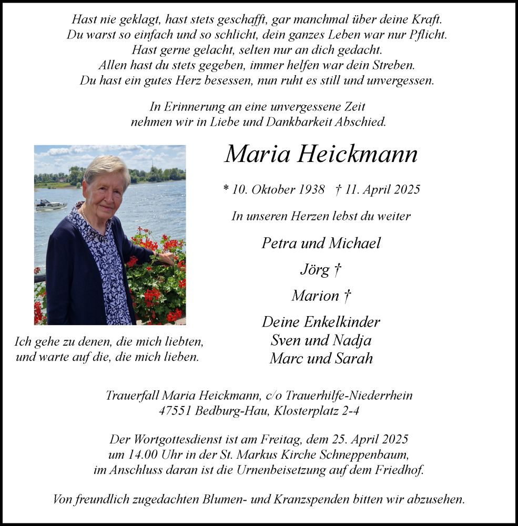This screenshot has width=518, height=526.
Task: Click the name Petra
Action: [280, 243]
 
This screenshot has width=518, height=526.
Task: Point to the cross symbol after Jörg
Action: [338, 270]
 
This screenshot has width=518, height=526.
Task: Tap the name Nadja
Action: [352, 340]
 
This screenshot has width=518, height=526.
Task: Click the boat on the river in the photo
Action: [50, 205]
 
